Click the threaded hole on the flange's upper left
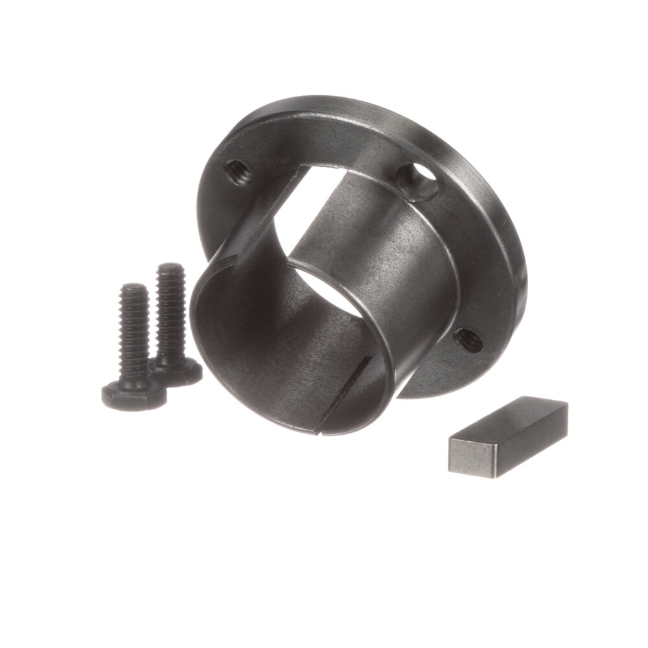(x=237, y=172)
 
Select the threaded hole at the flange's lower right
(x=468, y=340)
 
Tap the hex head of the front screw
(x=133, y=395)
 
